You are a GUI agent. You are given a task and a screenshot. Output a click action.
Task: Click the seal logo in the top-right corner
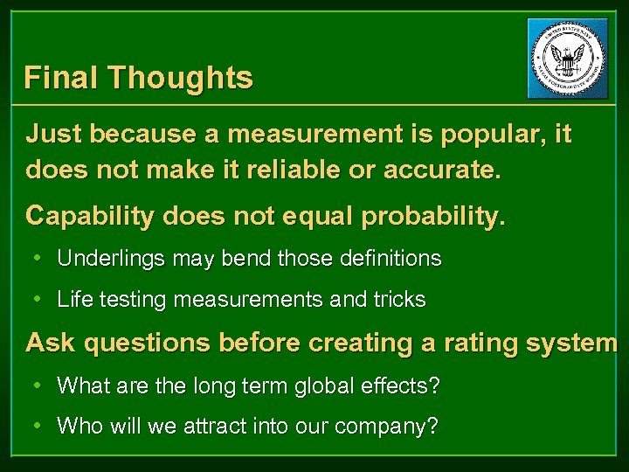tap(568, 59)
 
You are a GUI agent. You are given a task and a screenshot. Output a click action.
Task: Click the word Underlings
tap(111, 259)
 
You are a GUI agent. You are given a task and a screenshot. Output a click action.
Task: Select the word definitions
tap(385, 259)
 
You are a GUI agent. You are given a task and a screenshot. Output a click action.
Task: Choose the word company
tap(384, 427)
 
